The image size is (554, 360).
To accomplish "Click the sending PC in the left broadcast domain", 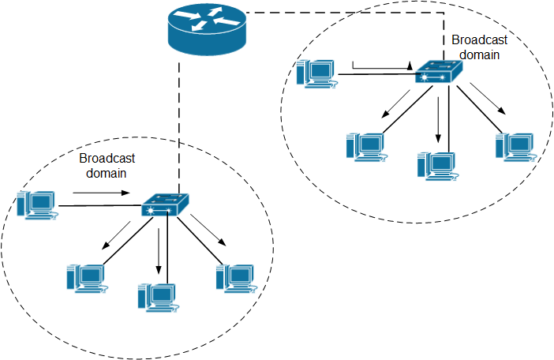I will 39,204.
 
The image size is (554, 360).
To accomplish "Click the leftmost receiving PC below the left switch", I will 85,276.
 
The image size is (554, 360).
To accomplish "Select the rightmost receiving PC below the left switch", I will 236,276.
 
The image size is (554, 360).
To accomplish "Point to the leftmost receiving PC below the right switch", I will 365,145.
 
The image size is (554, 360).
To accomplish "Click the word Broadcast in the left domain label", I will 107,158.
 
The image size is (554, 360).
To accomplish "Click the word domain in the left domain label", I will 107,171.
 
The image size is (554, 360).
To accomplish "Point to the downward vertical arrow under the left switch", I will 160,249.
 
